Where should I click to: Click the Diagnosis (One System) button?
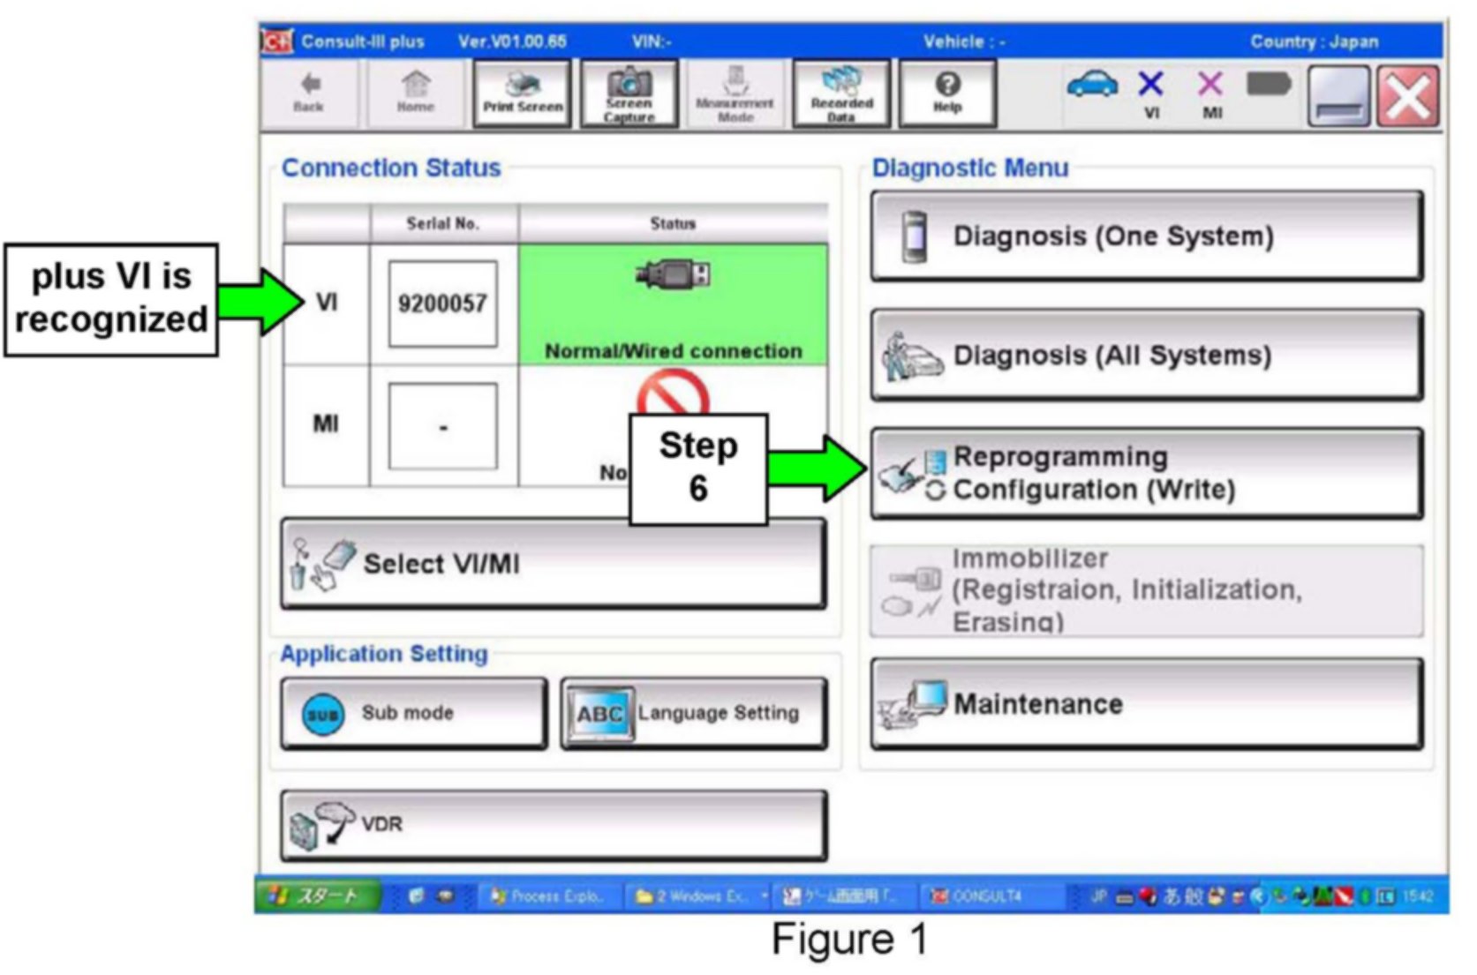click(1146, 236)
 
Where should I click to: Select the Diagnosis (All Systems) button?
click(1146, 356)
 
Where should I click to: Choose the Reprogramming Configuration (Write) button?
click(1146, 474)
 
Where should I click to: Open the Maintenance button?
click(1146, 704)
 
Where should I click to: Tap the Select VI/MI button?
click(554, 564)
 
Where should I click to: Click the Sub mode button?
click(413, 713)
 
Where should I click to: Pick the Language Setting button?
click(694, 713)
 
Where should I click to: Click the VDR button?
click(554, 825)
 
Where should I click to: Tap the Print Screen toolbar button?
click(523, 94)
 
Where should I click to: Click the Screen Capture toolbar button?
click(629, 94)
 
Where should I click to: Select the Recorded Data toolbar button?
click(841, 94)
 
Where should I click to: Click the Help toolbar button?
click(946, 94)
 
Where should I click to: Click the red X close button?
click(1408, 96)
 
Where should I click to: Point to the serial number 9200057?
click(442, 304)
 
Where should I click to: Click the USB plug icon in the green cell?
click(674, 274)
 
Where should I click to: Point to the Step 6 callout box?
click(697, 469)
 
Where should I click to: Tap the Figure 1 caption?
click(849, 939)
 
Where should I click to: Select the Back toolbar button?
click(308, 94)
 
